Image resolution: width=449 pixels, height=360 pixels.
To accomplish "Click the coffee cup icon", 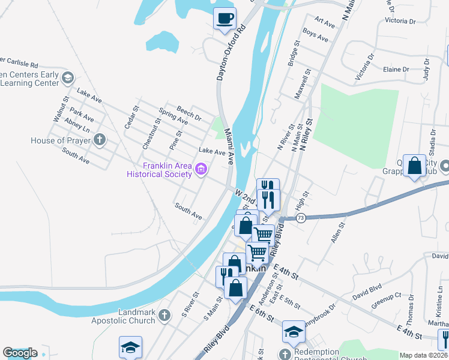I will click(224, 19).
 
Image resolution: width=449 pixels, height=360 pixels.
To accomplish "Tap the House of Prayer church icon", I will click(100, 141).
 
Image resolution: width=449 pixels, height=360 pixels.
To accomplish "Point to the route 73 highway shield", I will click(301, 218).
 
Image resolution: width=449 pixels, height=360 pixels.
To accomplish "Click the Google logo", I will click(19, 353).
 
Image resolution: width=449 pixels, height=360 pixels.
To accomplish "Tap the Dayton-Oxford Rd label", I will click(231, 52).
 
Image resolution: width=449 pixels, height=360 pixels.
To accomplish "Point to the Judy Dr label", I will click(426, 70).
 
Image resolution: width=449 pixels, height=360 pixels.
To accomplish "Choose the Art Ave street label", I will click(324, 22).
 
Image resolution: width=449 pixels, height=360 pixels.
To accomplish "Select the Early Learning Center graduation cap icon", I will click(68, 77).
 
